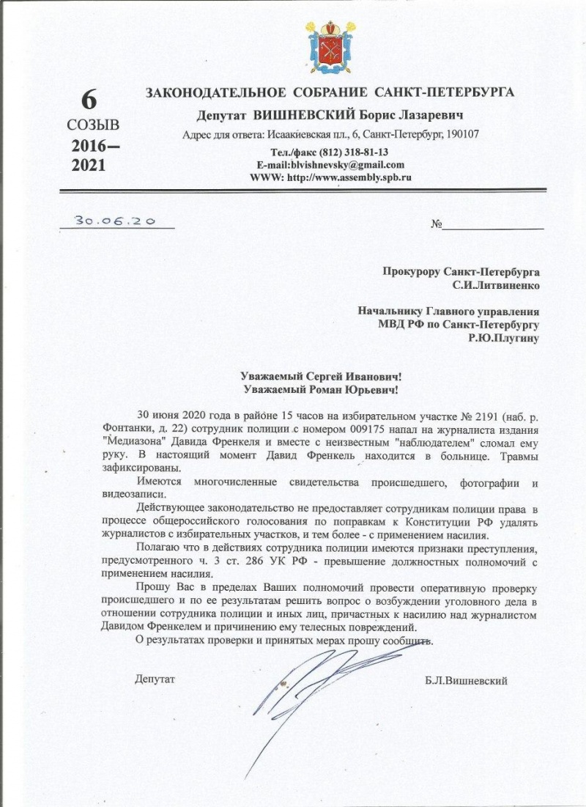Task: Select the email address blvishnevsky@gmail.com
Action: (346, 165)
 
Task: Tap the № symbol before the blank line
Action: (437, 224)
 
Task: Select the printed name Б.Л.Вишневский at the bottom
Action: (466, 680)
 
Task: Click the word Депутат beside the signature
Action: (155, 679)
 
